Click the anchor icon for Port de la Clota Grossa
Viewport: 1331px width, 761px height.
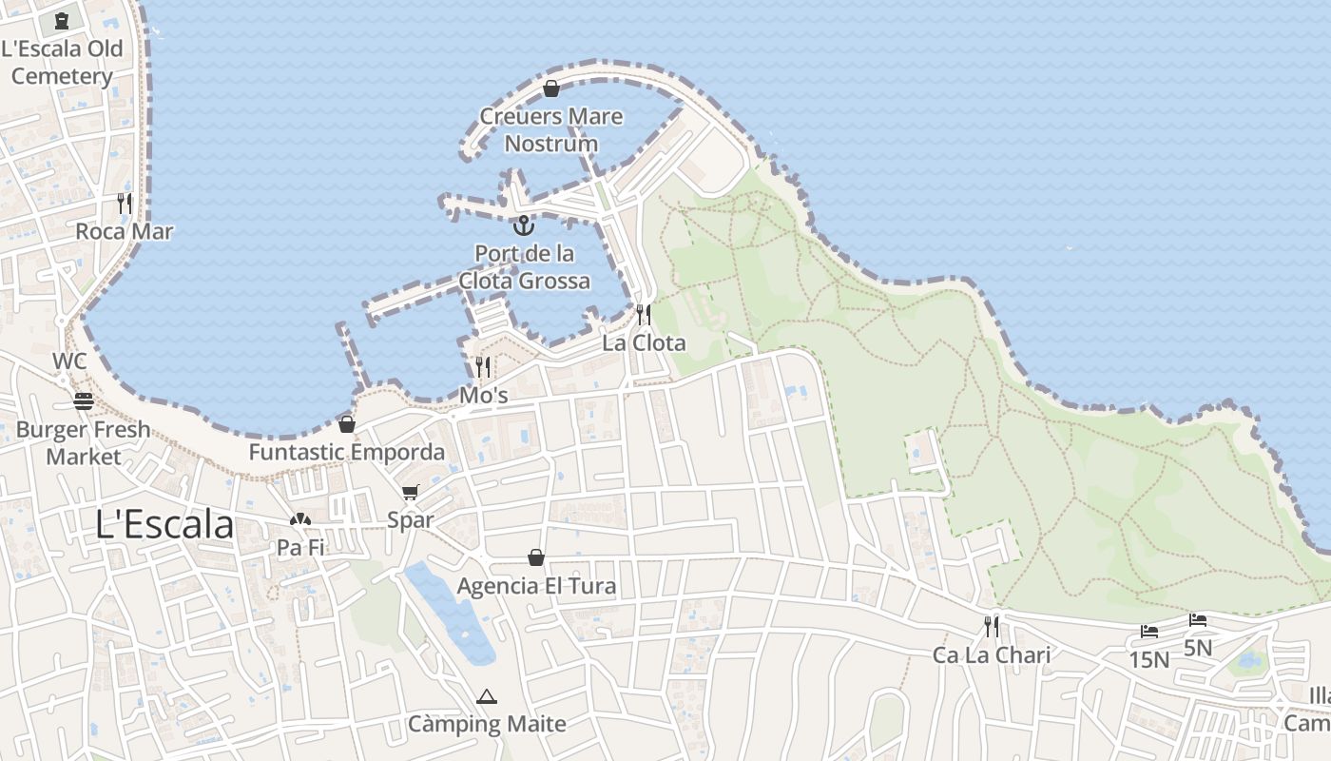[523, 225]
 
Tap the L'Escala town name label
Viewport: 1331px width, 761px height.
[165, 524]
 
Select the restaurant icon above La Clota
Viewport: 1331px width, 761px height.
[644, 315]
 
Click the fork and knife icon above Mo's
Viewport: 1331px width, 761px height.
[483, 366]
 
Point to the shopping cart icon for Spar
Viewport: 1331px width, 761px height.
[410, 492]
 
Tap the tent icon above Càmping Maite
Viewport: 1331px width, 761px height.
[487, 696]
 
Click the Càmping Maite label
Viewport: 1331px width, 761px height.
[487, 724]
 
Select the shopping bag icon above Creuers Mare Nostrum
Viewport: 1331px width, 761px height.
[550, 88]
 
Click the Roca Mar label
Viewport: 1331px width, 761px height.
[125, 231]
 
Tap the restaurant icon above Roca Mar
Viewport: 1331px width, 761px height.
[125, 203]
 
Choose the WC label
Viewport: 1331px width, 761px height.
[69, 361]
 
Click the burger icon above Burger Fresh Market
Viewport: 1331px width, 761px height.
[84, 401]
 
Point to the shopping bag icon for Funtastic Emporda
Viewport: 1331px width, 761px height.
[347, 424]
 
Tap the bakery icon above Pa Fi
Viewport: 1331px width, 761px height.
[300, 519]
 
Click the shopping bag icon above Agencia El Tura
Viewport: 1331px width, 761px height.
[536, 557]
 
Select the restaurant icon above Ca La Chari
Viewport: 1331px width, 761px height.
[992, 627]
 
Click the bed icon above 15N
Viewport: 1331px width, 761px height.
[1149, 631]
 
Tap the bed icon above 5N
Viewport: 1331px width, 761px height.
[1198, 620]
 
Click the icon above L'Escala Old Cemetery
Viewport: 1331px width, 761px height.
[62, 20]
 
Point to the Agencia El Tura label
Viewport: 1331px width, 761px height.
[536, 586]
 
